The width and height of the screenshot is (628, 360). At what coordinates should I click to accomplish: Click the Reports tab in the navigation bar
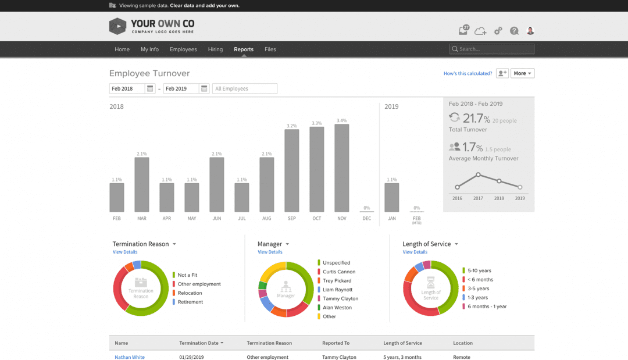244,49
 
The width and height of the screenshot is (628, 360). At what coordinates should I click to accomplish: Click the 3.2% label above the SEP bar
292,126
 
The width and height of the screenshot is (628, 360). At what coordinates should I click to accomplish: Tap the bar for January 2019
392,197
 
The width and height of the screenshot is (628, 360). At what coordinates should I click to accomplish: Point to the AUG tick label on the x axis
266,219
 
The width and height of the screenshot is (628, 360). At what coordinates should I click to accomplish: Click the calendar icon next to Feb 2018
150,89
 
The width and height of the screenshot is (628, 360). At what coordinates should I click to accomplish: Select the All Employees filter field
244,89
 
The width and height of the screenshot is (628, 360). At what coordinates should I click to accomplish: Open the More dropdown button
522,73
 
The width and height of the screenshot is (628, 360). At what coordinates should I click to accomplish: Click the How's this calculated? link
468,73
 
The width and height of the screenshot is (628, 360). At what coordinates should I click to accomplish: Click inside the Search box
494,49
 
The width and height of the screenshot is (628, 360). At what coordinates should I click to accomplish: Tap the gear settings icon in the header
498,31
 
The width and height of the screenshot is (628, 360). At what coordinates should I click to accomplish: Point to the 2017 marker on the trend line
478,174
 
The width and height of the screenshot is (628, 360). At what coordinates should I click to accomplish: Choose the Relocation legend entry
190,293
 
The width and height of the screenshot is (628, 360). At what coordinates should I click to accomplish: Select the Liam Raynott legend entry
337,290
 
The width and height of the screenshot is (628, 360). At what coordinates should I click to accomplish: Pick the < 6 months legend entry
480,280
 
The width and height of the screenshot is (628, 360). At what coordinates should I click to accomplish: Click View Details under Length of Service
415,252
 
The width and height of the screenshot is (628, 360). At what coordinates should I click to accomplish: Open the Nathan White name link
130,357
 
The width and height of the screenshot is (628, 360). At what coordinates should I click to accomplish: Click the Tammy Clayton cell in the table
340,357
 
